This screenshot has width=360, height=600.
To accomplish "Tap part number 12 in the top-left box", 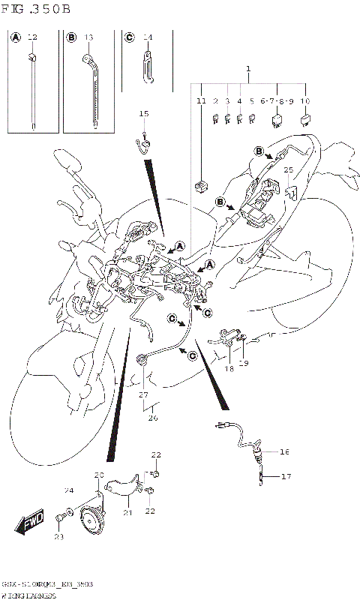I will [31, 37].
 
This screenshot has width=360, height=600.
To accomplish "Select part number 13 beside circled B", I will [88, 37].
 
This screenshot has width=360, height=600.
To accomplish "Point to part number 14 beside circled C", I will [148, 37].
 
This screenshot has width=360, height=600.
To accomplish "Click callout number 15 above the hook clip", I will [144, 113].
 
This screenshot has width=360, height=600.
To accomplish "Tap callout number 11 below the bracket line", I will [200, 100].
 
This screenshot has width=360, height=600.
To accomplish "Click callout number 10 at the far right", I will [305, 100].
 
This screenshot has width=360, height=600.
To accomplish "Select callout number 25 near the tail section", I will [288, 170].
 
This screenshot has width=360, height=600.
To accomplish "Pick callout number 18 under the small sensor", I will [229, 369].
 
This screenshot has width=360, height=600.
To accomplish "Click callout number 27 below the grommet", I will [142, 394].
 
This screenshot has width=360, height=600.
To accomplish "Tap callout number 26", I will [152, 418].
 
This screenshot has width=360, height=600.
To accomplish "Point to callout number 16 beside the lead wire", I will [284, 452].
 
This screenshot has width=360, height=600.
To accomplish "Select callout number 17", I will [284, 476].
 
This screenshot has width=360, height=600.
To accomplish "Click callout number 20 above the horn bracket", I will [98, 475].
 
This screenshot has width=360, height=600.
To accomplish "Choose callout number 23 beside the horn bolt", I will [59, 537].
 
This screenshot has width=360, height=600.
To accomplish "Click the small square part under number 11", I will [201, 183].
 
